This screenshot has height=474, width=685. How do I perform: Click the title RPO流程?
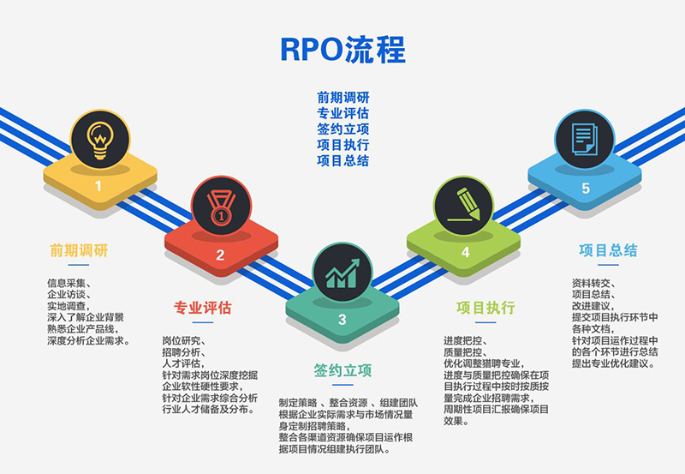(x=342, y=51)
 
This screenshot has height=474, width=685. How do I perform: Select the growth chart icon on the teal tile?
(x=342, y=271)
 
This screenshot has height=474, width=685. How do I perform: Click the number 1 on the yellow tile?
(x=98, y=185)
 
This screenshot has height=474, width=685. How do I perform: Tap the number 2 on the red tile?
(x=220, y=255)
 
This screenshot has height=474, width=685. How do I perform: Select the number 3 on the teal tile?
(x=342, y=321)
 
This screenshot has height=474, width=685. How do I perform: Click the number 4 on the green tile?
(x=465, y=252)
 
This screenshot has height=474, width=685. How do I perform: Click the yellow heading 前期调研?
(x=79, y=251)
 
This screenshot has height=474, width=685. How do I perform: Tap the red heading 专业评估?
(x=203, y=308)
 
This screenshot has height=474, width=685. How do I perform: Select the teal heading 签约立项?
(x=342, y=370)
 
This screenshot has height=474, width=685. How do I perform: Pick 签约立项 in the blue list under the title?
(x=342, y=129)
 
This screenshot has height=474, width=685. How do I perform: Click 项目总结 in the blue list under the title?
(x=342, y=160)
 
